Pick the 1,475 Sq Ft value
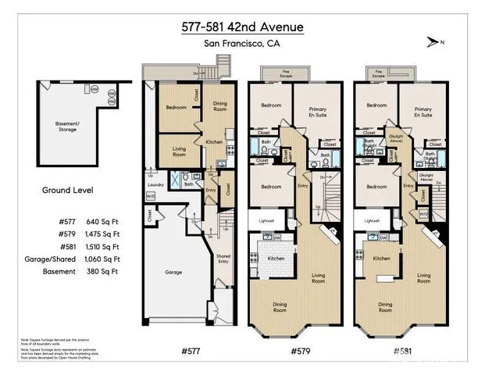(x=103, y=233)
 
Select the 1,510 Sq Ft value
(x=103, y=246)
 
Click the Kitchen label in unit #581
(x=382, y=258)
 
